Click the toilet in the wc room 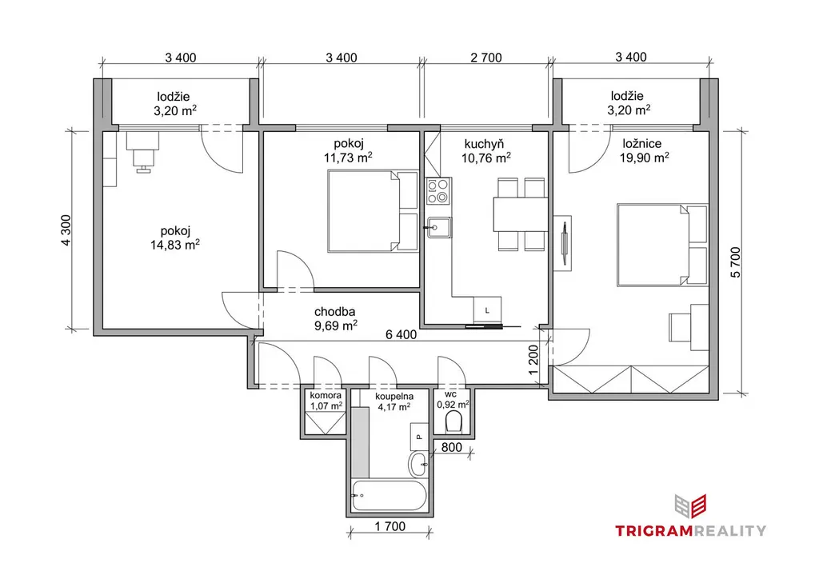click(x=453, y=421)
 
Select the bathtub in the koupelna click(x=390, y=495)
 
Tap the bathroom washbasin click(x=418, y=464)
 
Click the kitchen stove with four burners click(x=439, y=190)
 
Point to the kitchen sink click(x=439, y=227)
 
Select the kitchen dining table click(x=520, y=214)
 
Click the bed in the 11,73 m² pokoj click(x=373, y=211)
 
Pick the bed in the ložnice click(x=662, y=245)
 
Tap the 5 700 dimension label click(x=736, y=262)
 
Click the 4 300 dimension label click(x=66, y=230)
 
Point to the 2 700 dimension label click(x=485, y=58)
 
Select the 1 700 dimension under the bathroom click(x=390, y=526)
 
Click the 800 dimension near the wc click(x=452, y=447)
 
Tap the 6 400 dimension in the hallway click(x=402, y=334)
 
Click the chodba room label click(x=335, y=312)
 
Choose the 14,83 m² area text click(x=175, y=245)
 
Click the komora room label click(x=326, y=396)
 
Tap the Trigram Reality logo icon click(x=690, y=507)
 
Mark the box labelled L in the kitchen click(x=487, y=309)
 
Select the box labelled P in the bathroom click(x=419, y=437)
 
